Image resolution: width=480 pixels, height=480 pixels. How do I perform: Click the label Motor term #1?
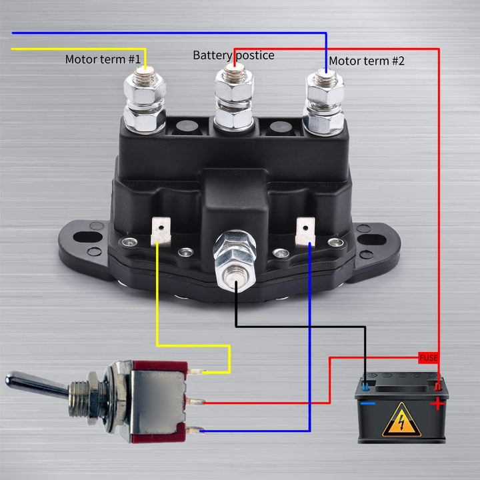pos(103,59)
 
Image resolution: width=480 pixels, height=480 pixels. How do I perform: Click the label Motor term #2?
pos(367,61)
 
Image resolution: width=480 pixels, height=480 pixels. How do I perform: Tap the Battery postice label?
pos(233,55)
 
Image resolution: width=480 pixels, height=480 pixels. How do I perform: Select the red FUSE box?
pos(429,358)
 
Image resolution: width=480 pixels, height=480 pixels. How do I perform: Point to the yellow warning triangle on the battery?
pos(401,421)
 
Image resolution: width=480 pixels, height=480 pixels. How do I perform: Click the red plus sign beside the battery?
pos(437,403)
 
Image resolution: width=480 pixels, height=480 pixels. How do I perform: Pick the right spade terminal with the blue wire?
pos(305,230)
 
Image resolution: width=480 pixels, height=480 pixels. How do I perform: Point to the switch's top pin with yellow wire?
pos(196,372)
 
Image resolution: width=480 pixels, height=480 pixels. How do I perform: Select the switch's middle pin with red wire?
pos(195,402)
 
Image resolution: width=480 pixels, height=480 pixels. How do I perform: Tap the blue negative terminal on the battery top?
pos(365,385)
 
